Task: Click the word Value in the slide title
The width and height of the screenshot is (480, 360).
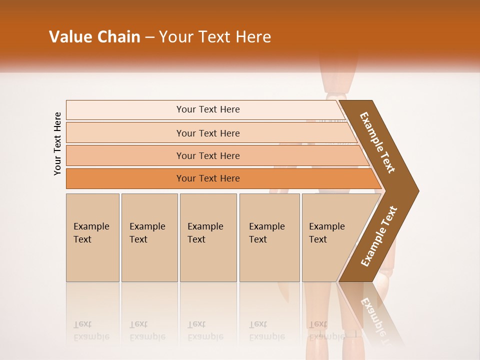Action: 69,37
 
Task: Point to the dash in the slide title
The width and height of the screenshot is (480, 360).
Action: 150,37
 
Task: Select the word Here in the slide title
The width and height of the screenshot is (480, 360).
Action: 253,37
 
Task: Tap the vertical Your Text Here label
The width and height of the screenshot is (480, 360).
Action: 57,143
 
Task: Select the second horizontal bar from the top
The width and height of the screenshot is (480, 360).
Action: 208,133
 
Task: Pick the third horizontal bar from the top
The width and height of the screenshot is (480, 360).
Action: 208,155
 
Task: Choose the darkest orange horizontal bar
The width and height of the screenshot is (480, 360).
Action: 208,178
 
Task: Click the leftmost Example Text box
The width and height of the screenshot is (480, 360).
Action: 92,237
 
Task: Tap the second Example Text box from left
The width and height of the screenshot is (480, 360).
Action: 149,237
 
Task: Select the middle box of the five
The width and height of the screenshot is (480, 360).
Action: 208,237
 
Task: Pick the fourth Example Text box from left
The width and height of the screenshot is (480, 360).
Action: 269,237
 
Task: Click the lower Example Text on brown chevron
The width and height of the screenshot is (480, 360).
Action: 379,236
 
